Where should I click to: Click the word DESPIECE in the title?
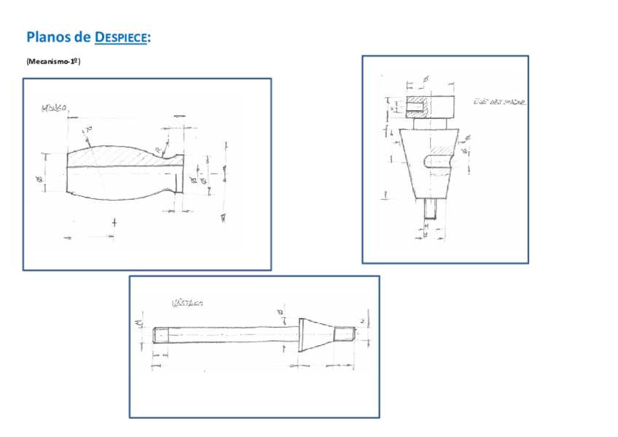pyautogui.click(x=122, y=37)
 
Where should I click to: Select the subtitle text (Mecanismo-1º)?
pyautogui.click(x=52, y=61)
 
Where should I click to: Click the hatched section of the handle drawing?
pyautogui.click(x=109, y=157)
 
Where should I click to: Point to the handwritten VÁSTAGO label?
pyautogui.click(x=187, y=301)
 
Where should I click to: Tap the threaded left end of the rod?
pyautogui.click(x=162, y=336)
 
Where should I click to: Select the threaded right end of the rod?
pyautogui.click(x=344, y=335)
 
